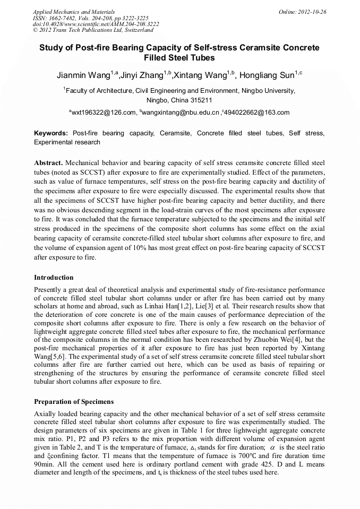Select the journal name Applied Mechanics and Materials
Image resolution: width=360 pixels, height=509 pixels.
click(x=74, y=12)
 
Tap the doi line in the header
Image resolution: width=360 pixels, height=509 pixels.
click(x=96, y=24)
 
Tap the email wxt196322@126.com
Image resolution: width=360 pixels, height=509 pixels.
click(x=104, y=113)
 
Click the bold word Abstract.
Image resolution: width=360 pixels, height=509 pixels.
click(x=48, y=162)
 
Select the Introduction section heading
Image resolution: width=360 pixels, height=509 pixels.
click(x=54, y=278)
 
